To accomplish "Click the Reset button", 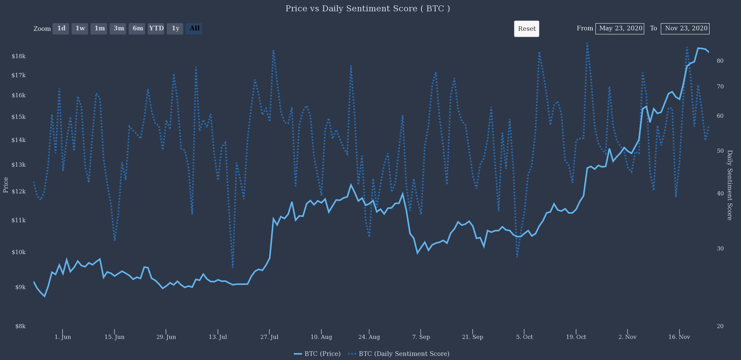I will (x=526, y=29).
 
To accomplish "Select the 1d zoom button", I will (x=61, y=29).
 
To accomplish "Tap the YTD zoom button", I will (x=156, y=29).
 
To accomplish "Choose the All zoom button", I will (x=194, y=29).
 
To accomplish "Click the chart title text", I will (x=368, y=9).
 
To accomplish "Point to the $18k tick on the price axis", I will (x=19, y=56).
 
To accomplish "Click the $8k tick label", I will (x=20, y=326).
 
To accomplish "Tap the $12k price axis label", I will (x=19, y=191).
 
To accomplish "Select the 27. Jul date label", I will (x=270, y=337).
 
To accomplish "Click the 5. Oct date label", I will (x=524, y=337).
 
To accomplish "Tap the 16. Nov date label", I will (x=679, y=337).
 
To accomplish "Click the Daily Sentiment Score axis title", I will (x=729, y=185).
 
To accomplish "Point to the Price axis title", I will (x=6, y=185).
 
